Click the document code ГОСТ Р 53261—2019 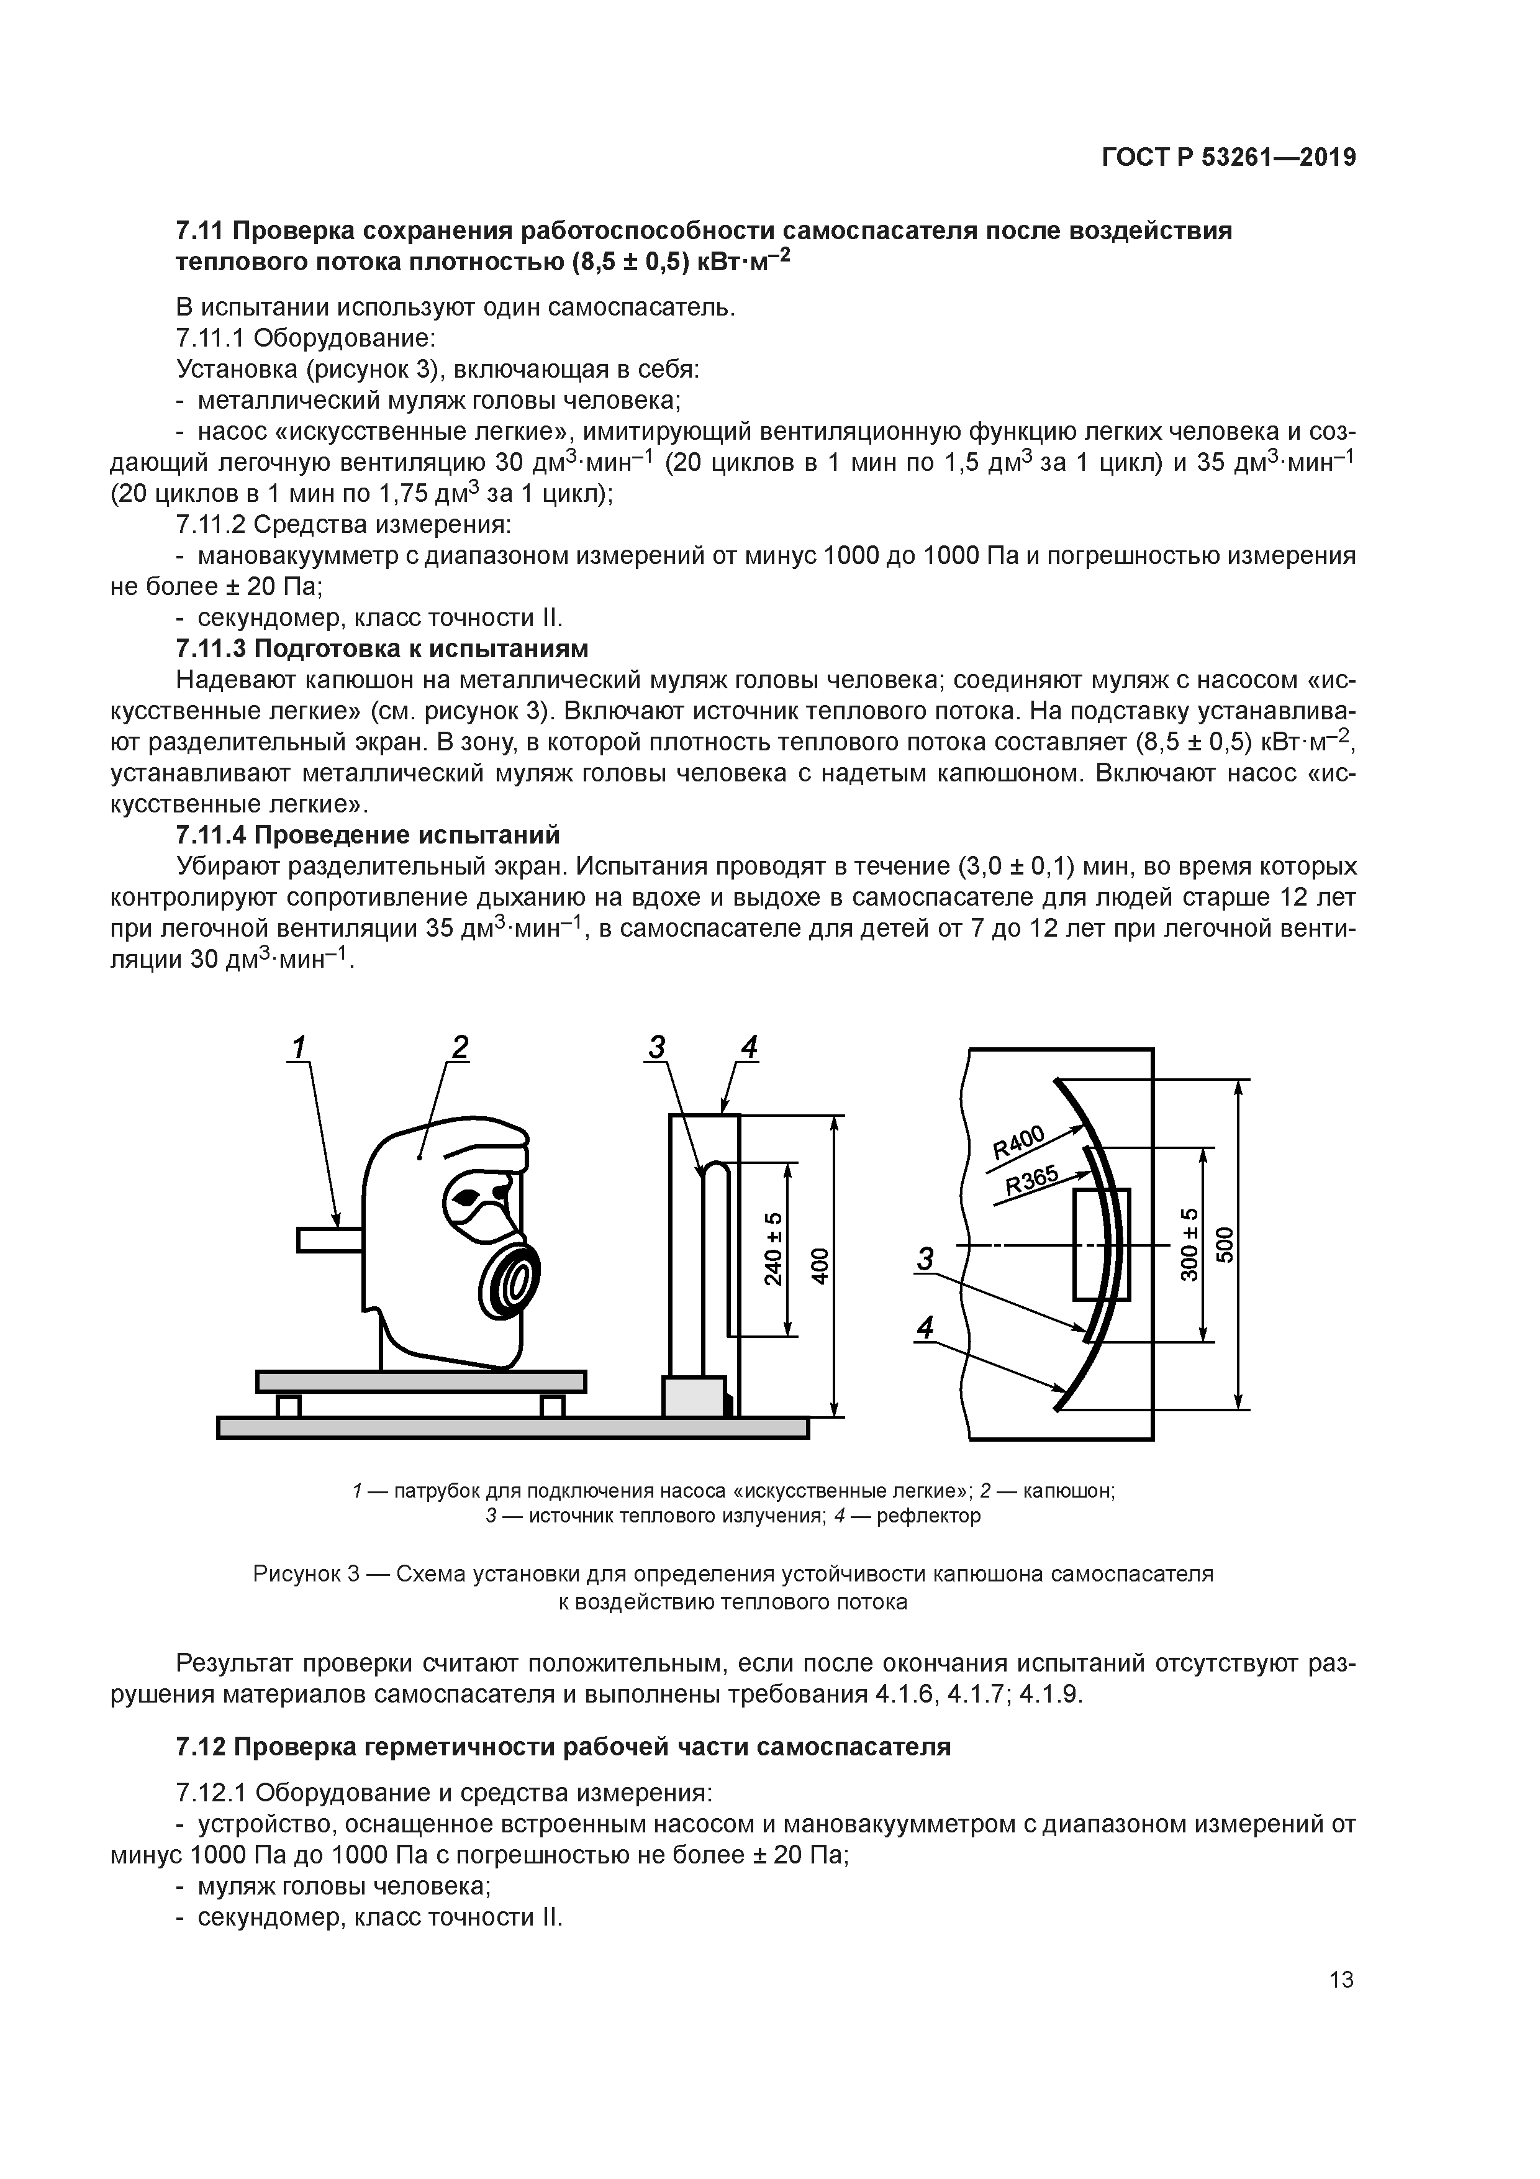click(x=1229, y=158)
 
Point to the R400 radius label click(x=1018, y=1143)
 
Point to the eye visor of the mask click(x=471, y=1199)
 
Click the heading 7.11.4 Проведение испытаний click(x=368, y=835)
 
